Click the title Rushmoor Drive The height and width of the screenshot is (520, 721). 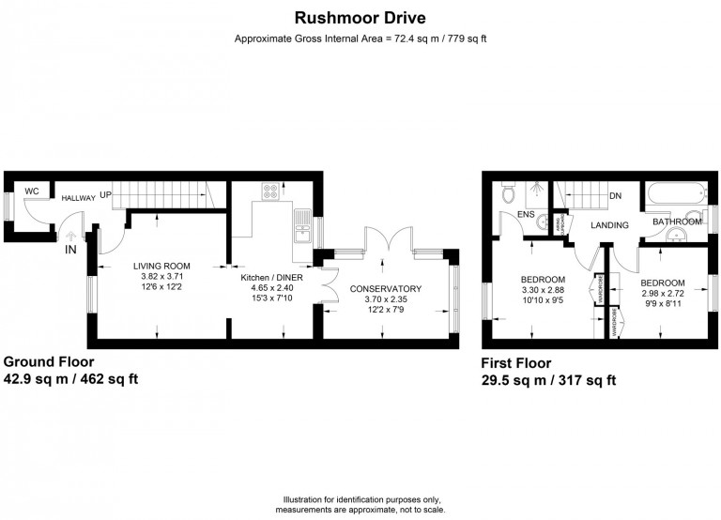click(x=360, y=17)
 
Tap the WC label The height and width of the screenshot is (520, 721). click(x=31, y=191)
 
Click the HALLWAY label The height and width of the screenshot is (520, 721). click(x=78, y=199)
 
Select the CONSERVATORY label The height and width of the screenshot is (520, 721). click(x=385, y=288)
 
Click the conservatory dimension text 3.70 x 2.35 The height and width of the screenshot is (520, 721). click(x=385, y=299)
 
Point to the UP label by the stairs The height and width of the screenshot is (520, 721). click(x=107, y=194)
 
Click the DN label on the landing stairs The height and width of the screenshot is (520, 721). click(x=616, y=196)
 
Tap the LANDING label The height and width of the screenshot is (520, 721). click(x=609, y=225)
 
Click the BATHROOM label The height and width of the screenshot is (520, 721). click(x=678, y=222)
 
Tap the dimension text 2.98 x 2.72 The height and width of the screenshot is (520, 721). click(x=663, y=294)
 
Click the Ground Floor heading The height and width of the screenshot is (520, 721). click(x=49, y=362)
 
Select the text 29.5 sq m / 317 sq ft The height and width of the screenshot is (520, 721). click(x=549, y=380)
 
